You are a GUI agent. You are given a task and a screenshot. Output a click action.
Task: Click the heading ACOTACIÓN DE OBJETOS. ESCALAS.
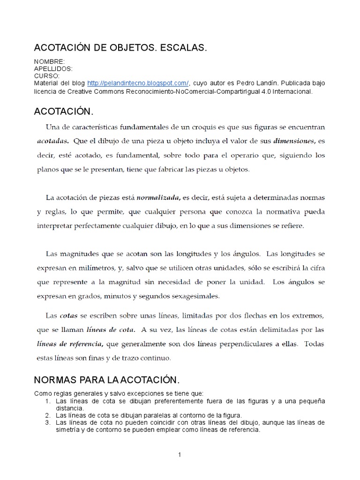click(x=120, y=48)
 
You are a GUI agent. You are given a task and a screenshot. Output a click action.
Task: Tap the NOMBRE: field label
click(x=49, y=62)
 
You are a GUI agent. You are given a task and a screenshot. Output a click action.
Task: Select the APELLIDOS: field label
click(x=53, y=68)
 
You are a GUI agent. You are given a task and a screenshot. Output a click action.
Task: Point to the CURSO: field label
click(x=47, y=75)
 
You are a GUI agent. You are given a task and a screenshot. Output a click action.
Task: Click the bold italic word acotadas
click(x=52, y=141)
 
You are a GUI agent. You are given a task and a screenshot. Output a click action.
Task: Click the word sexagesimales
click(x=192, y=297)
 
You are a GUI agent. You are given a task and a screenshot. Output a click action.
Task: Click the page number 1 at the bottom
click(x=180, y=454)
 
